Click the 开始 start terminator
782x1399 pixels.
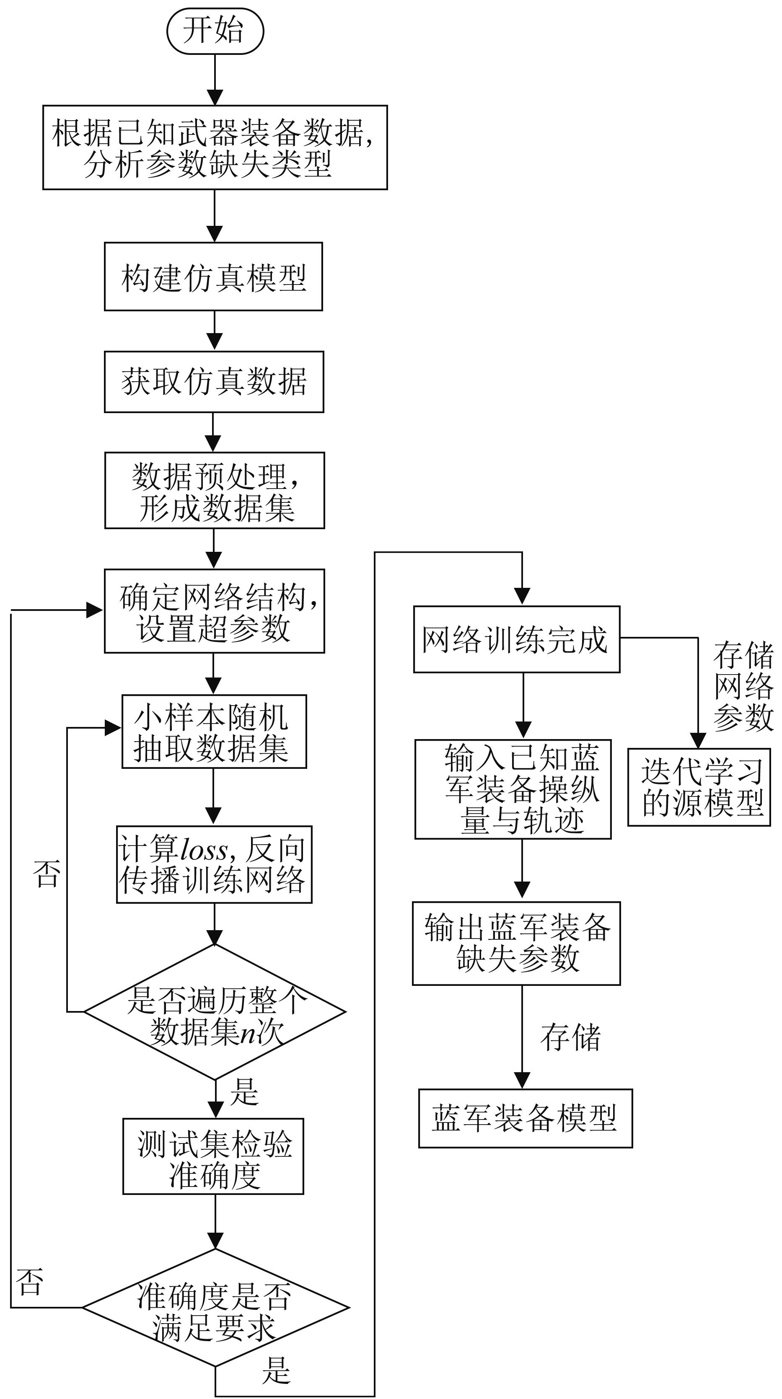215,31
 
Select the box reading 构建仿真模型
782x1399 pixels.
213,277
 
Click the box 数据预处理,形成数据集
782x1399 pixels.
215,490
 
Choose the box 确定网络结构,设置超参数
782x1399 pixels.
215,611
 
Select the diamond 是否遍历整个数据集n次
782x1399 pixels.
215,1012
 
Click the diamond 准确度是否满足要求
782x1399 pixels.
215,1308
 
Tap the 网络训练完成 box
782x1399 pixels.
516,639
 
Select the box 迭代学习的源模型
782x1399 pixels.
699,787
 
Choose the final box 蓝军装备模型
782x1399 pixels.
525,1118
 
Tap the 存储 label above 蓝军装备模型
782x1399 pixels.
570,1038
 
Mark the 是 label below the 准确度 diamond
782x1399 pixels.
276,1370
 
